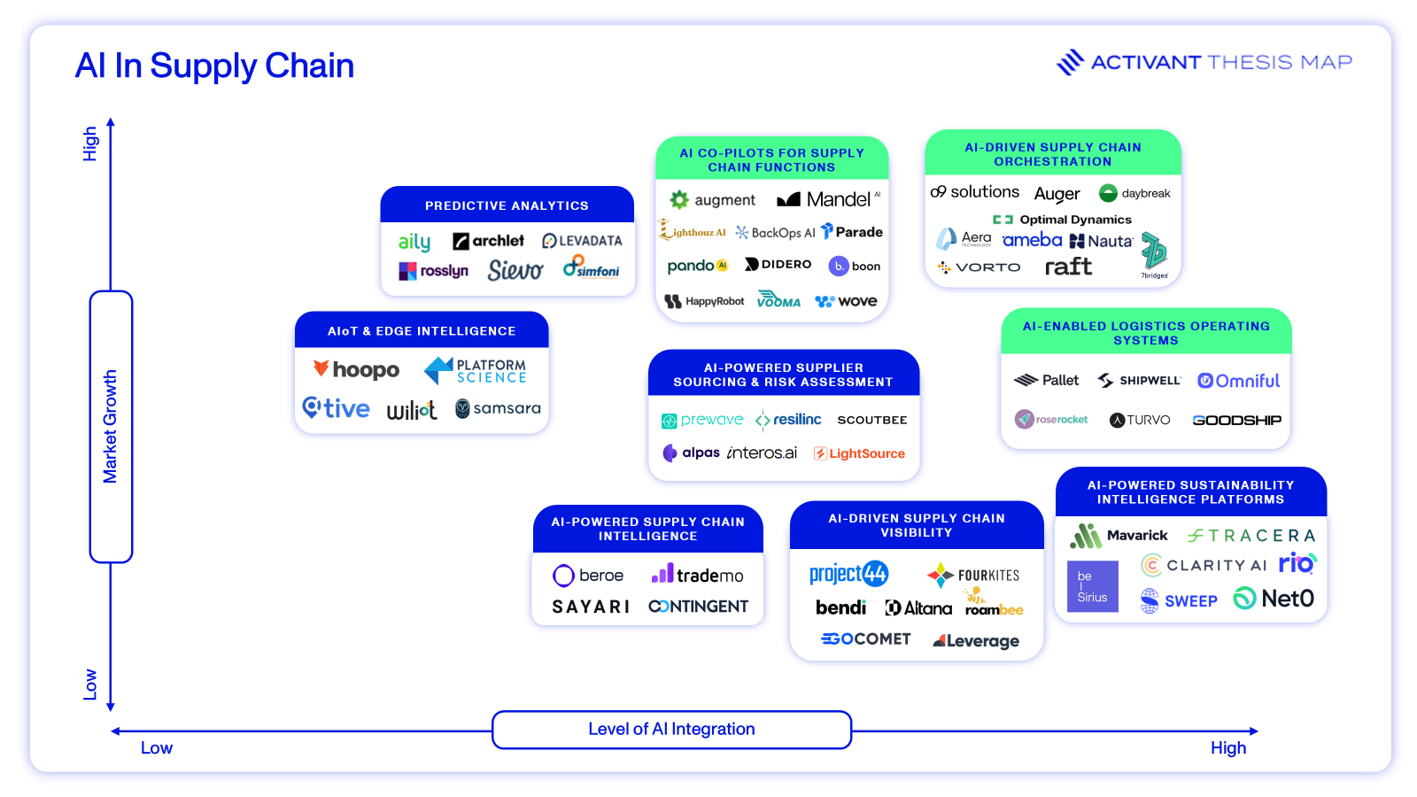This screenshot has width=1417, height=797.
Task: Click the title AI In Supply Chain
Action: click(214, 66)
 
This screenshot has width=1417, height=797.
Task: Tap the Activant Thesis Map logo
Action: click(1204, 62)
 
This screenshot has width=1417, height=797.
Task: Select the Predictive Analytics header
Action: click(507, 205)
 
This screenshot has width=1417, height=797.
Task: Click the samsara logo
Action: click(498, 408)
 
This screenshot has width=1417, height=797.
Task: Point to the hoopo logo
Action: click(356, 369)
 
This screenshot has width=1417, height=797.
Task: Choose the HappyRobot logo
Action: click(705, 301)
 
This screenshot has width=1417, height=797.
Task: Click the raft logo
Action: click(1068, 267)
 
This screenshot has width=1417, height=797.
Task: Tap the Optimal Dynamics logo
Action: click(1063, 220)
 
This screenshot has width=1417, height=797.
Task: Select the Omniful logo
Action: click(1238, 381)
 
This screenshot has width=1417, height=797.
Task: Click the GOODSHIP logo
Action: click(1236, 420)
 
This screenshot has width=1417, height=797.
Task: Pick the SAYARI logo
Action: click(591, 607)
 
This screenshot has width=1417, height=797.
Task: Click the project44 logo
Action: click(848, 574)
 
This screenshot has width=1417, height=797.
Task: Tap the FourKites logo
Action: click(973, 576)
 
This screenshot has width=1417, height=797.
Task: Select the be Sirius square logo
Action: click(1092, 586)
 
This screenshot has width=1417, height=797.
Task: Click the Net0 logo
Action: click(1274, 599)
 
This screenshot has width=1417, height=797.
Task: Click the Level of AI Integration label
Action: click(671, 729)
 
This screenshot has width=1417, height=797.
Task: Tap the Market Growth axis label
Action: click(110, 426)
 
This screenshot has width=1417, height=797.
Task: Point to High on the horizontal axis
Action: click(1227, 748)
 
